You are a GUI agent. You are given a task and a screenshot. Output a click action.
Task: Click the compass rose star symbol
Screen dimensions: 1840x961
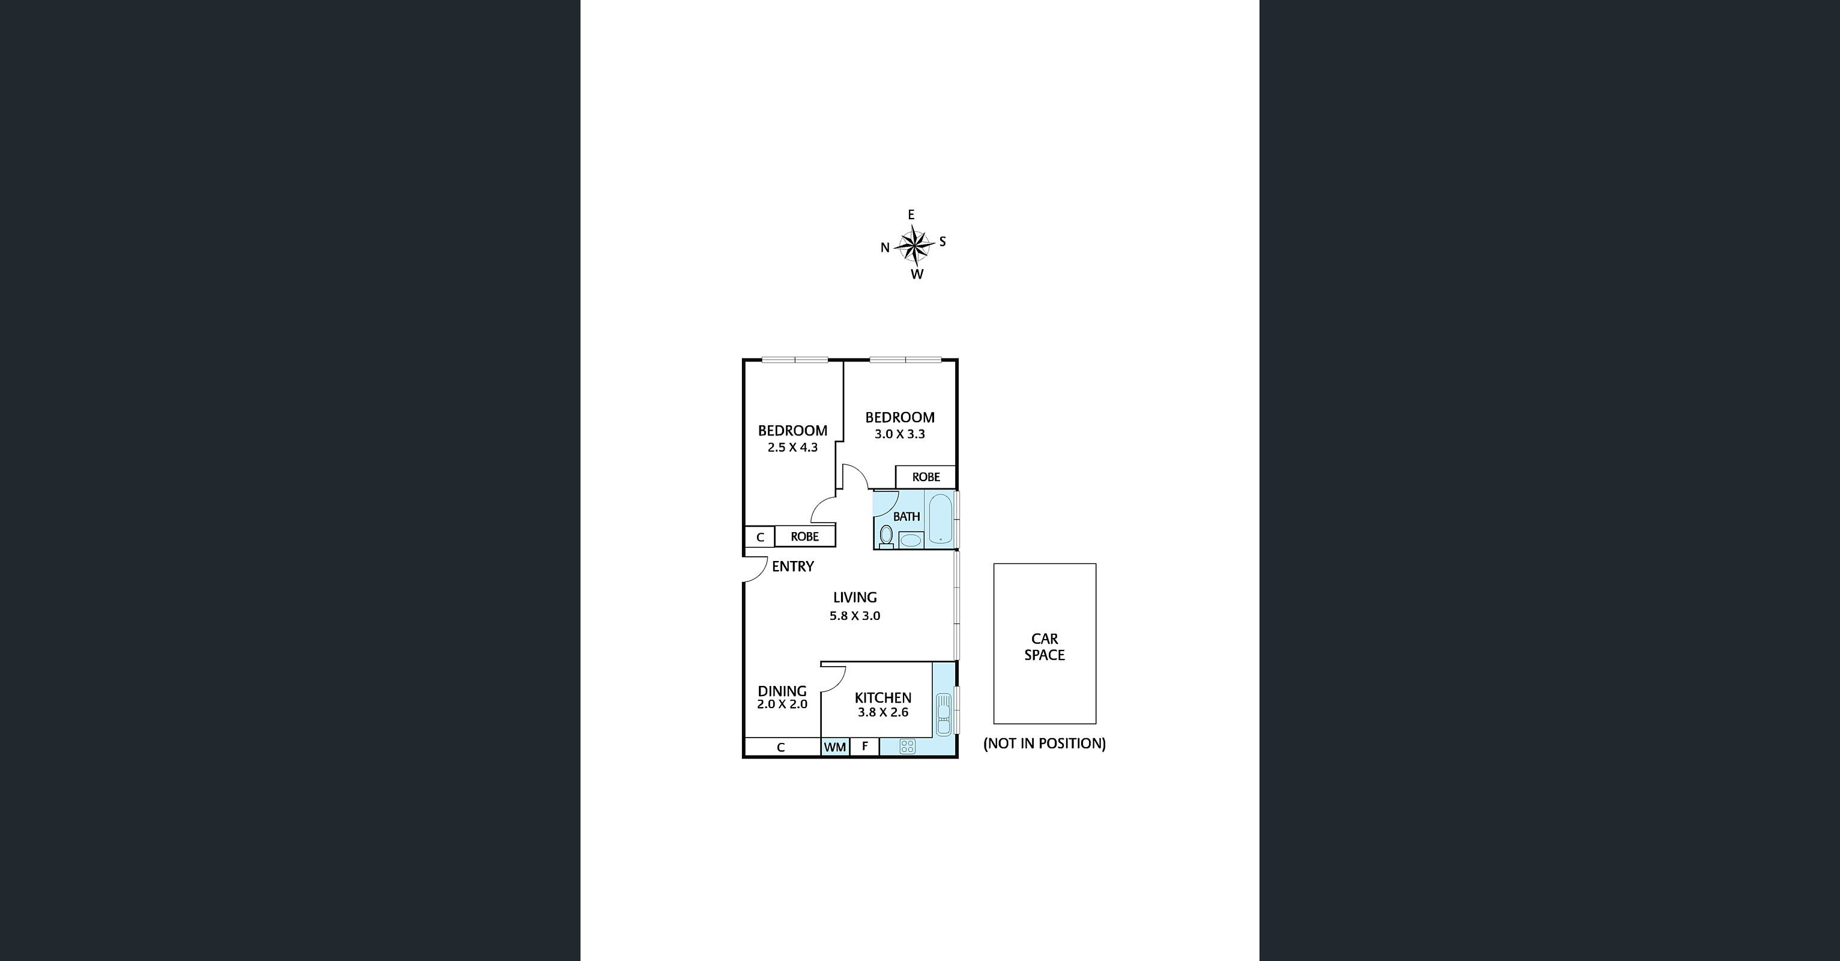(914, 245)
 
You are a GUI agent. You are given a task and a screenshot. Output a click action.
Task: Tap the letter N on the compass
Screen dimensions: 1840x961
(885, 248)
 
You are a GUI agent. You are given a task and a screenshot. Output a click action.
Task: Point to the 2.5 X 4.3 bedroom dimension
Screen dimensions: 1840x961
(792, 447)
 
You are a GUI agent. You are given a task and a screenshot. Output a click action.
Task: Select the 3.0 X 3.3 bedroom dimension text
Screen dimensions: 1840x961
(899, 434)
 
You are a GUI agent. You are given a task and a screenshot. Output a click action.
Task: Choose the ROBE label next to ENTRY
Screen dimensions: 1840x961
(804, 536)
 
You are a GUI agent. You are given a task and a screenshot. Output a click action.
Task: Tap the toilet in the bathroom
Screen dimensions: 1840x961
(887, 536)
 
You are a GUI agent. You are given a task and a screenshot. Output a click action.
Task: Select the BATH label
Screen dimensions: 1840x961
(906, 517)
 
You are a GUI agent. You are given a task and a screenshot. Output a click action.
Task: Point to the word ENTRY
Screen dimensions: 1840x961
(793, 566)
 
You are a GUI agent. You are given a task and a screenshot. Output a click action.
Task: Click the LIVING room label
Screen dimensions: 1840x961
(855, 597)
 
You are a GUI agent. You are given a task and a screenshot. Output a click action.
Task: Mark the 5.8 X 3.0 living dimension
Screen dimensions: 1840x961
(855, 616)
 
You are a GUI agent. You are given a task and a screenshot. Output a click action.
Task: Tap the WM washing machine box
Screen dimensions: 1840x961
(835, 747)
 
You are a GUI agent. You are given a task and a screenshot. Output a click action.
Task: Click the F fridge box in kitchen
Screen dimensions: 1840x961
(864, 747)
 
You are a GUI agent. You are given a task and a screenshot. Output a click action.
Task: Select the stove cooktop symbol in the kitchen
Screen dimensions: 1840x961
(907, 747)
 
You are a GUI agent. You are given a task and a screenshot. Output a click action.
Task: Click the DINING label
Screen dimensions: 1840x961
(782, 691)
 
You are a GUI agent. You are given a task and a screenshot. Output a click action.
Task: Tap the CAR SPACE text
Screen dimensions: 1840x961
(1045, 647)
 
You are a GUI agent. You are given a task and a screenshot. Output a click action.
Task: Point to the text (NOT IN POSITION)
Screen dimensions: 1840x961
(1045, 744)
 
